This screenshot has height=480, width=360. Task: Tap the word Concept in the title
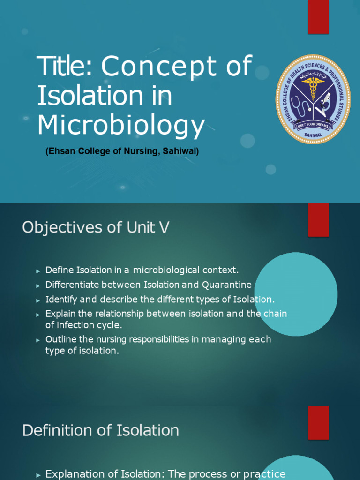[159, 67]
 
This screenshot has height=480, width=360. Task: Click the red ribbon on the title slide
[318, 17]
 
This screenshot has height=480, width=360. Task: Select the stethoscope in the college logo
[299, 107]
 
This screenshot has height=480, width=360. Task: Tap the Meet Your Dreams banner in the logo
[313, 125]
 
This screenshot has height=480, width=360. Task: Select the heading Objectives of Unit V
[96, 227]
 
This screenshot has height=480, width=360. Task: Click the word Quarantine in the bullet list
[226, 285]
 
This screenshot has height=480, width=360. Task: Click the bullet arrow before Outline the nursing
[38, 340]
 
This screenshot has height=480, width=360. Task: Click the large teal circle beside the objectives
[296, 294]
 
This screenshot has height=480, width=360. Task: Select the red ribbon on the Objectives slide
[318, 219]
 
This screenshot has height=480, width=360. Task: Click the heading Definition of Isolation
[100, 430]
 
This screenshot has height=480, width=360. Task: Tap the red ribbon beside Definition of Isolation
[318, 423]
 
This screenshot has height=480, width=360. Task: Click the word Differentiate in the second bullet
[72, 285]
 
